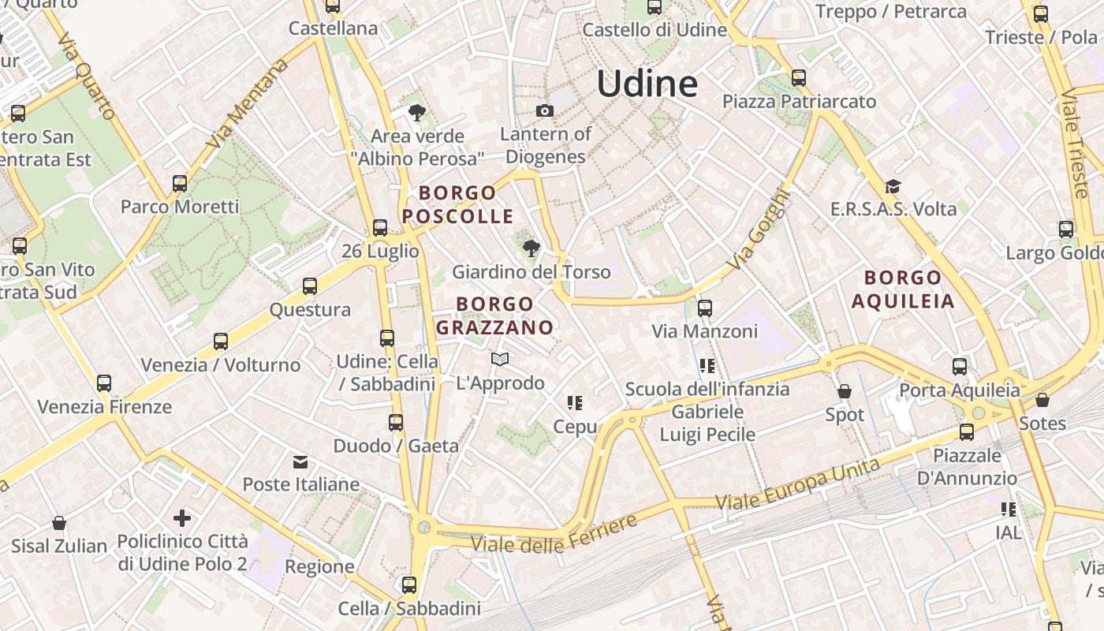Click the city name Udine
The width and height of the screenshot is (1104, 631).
(x=647, y=83)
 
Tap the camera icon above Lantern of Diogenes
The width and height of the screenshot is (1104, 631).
(x=544, y=110)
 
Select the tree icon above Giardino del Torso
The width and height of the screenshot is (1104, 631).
(x=531, y=248)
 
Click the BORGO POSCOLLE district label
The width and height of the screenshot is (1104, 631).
(x=457, y=204)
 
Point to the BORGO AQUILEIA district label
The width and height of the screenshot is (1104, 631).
(x=903, y=289)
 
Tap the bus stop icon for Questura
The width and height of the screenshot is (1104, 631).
(x=310, y=286)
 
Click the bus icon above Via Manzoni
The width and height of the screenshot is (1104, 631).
(x=705, y=308)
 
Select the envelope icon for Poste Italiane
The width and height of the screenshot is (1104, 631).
(x=300, y=461)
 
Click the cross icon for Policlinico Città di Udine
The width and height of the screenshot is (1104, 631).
(x=182, y=518)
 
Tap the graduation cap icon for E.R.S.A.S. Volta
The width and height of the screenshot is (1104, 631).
(x=893, y=186)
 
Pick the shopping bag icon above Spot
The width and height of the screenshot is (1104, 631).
(x=845, y=391)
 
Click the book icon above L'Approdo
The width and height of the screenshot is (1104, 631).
(x=499, y=360)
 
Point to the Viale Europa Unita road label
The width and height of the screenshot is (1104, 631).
(x=796, y=484)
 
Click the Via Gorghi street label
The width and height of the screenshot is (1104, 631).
(x=758, y=230)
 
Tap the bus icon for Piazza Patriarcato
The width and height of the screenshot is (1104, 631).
(x=799, y=78)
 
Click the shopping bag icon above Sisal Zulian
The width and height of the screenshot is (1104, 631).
(x=58, y=523)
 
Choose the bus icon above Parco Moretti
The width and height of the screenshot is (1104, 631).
(x=180, y=184)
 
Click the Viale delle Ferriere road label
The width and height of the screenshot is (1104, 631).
(x=554, y=535)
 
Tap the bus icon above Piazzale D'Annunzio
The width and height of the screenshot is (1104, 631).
(x=967, y=432)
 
